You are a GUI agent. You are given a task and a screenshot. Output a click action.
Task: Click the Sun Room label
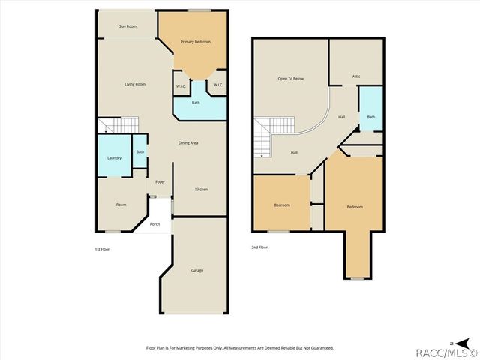point(127,26)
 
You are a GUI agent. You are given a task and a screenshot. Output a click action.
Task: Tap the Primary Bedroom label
point(196,42)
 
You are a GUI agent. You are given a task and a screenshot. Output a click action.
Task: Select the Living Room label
point(135,84)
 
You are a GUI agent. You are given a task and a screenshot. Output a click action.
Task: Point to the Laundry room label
point(114,157)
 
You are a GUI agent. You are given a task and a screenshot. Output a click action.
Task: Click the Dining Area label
point(188,143)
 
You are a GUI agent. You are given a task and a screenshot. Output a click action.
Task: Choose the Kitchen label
point(202,189)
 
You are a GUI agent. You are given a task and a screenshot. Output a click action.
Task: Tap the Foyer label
point(160,181)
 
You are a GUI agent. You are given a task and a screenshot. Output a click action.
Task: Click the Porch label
point(154,224)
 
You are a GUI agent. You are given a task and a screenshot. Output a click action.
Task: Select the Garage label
point(196,270)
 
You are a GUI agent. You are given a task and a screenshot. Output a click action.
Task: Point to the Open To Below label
point(290,78)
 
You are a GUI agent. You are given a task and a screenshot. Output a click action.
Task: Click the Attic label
point(356,76)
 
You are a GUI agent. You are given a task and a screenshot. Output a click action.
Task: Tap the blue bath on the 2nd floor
point(370,117)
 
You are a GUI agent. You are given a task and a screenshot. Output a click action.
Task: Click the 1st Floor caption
point(102,248)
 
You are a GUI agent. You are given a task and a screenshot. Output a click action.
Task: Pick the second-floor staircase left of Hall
point(266,137)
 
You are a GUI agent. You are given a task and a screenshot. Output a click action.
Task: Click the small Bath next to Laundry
point(140,152)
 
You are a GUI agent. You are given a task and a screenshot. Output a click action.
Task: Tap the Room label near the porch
point(121,205)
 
